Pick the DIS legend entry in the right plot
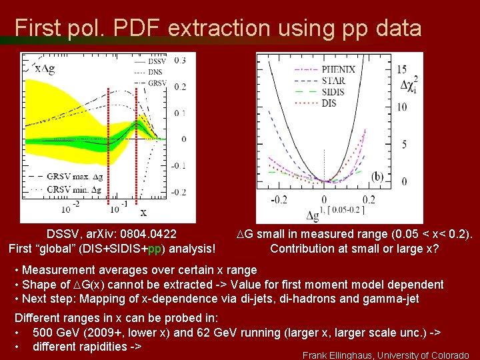[329, 103]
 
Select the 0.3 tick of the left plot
[180, 60]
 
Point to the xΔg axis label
[44, 69]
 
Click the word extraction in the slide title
[219, 28]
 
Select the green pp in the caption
[153, 249]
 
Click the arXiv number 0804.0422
[144, 234]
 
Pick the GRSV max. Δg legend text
[74, 177]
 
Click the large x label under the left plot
[143, 213]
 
